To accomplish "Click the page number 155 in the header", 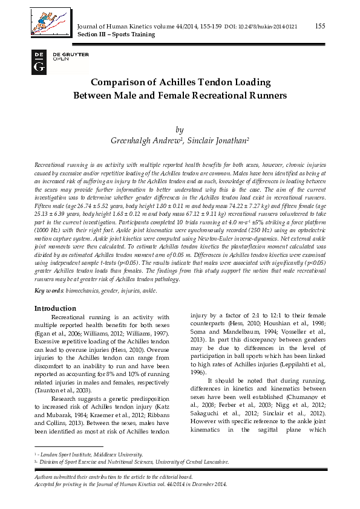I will click(x=320, y=25).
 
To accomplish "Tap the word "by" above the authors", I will click(x=179, y=129).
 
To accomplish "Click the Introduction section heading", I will click(x=55, y=308).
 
